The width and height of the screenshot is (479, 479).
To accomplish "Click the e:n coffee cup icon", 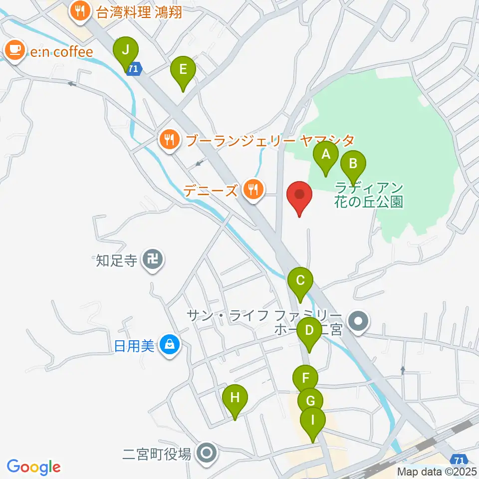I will tap(15, 50).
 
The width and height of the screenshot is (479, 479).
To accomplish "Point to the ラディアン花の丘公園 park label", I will tap(369, 195).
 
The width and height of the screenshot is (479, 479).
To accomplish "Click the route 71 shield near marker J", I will tap(133, 69).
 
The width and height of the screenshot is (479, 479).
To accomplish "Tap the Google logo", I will tap(33, 467).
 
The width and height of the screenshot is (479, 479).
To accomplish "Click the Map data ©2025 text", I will tap(437, 471).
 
